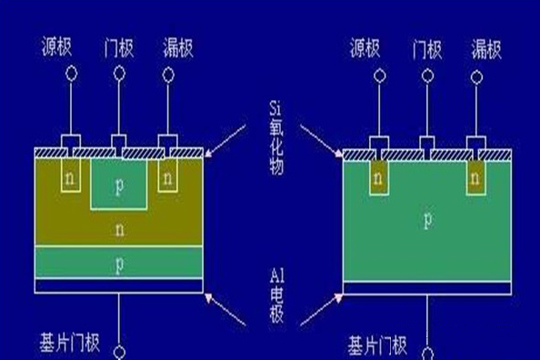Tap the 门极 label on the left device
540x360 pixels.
coord(118,45)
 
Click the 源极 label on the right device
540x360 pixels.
coord(370,46)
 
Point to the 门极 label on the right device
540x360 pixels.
coord(425,46)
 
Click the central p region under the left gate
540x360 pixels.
coord(118,185)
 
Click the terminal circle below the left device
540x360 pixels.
coord(118,347)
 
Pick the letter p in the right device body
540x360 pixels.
coord(426,221)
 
